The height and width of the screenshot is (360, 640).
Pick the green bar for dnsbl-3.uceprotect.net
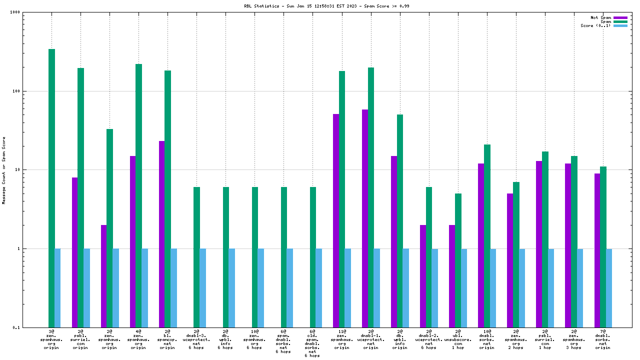[196, 257]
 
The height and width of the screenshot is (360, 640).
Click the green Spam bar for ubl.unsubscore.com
[458, 260]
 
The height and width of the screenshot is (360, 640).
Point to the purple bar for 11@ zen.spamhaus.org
[335, 220]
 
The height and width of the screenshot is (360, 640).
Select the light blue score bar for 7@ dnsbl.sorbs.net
[609, 287]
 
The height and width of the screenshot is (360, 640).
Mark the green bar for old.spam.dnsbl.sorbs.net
[312, 257]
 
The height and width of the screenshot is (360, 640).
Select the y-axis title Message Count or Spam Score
[4, 170]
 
